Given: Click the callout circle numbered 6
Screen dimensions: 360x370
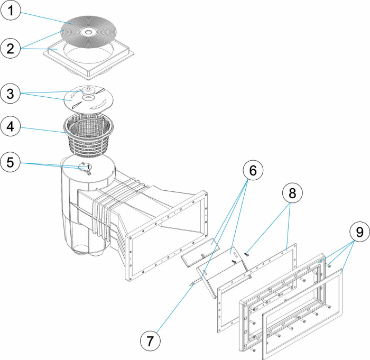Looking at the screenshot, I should pyautogui.click(x=252, y=171).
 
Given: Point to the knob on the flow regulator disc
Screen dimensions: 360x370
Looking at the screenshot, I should pyautogui.click(x=89, y=90).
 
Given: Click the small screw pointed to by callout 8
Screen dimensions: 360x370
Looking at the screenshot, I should pyautogui.click(x=246, y=255).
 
